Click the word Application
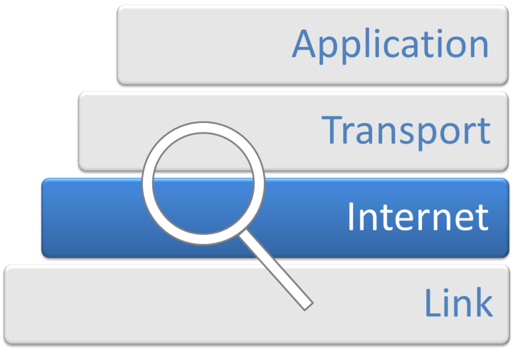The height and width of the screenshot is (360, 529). coord(390,44)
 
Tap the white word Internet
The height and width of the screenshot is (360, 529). coord(418,216)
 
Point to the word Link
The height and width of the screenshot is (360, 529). coord(458,302)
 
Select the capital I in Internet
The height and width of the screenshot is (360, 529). coord(352,216)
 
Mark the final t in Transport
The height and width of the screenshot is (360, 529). coord(483,130)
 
